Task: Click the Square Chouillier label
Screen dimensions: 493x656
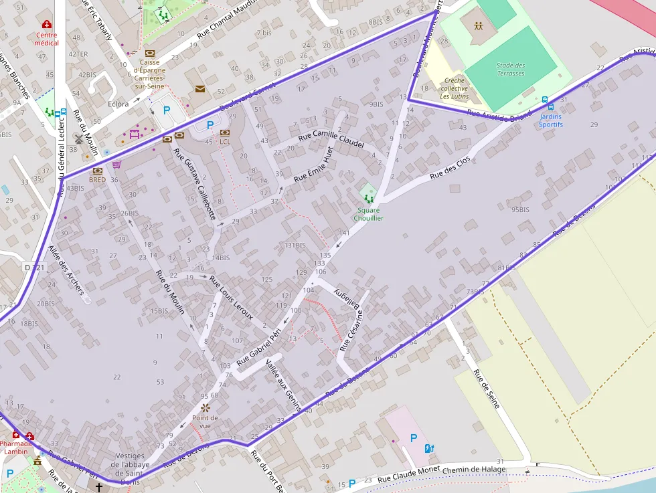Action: pos(369,214)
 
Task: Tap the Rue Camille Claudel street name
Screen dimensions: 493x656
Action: pos(331,139)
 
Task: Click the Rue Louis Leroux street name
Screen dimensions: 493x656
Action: pos(231,297)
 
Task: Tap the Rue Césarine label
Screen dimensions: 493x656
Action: pos(355,329)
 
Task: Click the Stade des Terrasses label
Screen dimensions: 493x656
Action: pos(511,69)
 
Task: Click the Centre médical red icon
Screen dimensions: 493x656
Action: pos(47,25)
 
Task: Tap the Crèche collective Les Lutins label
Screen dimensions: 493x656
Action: pos(455,88)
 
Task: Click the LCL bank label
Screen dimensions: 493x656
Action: pos(225,142)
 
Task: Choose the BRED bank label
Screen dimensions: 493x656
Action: pos(97,179)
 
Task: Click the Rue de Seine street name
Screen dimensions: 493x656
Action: pos(487,389)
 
